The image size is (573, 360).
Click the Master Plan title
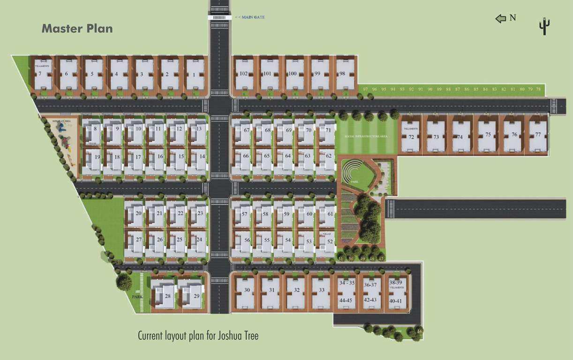[77, 28]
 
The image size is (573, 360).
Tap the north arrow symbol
[501, 18]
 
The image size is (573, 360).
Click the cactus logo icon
[544, 26]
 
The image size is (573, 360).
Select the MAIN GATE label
[252, 17]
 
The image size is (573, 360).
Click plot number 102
[243, 74]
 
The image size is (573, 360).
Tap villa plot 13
[199, 129]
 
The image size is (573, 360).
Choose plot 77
[537, 135]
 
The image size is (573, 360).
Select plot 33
[321, 291]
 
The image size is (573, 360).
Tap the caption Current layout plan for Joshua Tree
[198, 336]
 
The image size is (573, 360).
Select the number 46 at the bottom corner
[420, 331]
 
